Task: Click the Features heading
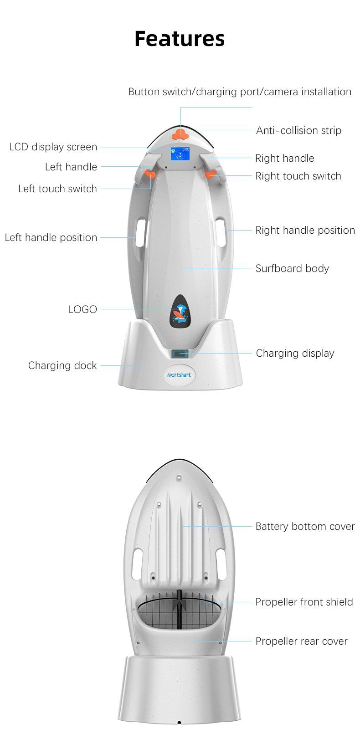(180, 39)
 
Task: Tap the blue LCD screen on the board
(180, 154)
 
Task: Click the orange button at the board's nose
(180, 133)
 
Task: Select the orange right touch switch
(211, 174)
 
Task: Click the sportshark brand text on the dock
(180, 375)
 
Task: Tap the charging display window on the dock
(180, 353)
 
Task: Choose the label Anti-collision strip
(298, 131)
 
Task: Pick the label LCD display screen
(53, 147)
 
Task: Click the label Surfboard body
(292, 268)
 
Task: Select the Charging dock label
(62, 365)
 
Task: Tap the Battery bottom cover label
(305, 527)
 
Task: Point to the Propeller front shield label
(304, 602)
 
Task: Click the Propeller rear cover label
(301, 641)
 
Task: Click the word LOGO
(82, 309)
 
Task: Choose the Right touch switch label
(298, 176)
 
